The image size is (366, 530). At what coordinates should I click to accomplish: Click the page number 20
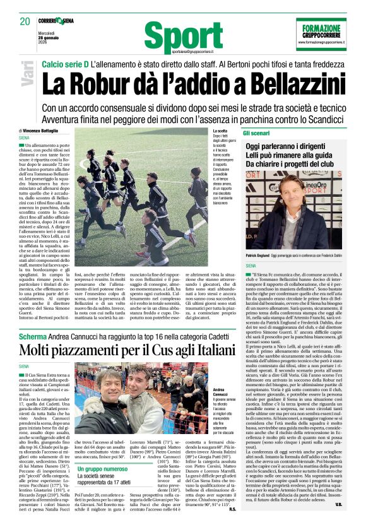[x=25, y=21]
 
